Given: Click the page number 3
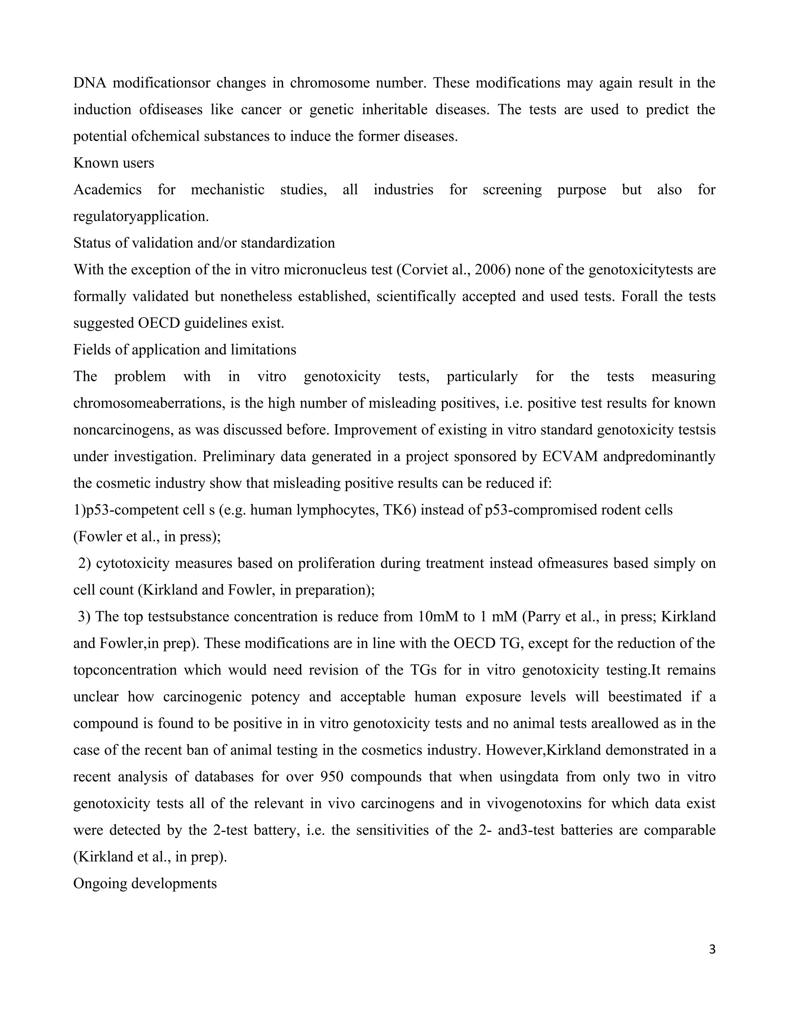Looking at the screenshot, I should coord(712,949).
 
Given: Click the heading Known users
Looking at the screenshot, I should coord(114,163).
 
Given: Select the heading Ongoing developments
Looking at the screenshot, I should coord(145,883).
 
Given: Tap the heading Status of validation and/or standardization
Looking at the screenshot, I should coord(204,243).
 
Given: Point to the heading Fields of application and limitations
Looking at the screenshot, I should coord(185,350).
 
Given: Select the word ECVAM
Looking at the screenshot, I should coord(569,456).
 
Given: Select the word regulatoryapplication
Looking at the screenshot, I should coord(141,217).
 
